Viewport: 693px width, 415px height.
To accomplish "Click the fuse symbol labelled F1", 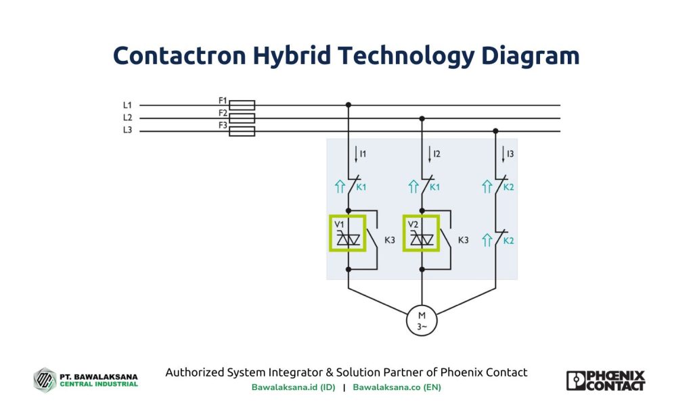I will pos(242,105).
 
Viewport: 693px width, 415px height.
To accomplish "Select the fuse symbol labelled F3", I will pos(242,131).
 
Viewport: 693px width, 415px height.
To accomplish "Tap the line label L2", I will pos(127,118).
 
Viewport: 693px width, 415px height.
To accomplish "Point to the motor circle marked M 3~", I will pos(422,320).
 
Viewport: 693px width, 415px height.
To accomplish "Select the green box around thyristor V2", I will pos(422,233).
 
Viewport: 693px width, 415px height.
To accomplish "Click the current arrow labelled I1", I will pos(357,155).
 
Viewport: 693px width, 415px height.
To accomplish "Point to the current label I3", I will pos(510,154).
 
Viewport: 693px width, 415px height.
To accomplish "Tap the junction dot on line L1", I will pos(348,105).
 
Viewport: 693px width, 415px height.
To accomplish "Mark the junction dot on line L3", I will pos(495,131).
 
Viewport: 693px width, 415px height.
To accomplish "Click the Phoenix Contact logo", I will pos(606,381).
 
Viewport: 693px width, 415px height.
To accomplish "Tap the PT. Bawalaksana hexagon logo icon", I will pos(45,379).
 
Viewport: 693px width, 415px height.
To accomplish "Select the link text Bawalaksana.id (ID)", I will pos(293,388).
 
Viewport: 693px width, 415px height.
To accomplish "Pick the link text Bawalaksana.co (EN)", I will pos(397,388).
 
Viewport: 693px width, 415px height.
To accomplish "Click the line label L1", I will pos(127,105).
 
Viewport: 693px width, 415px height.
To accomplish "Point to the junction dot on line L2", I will pos(422,118).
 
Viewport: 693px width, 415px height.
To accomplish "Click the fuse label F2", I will pos(223,113).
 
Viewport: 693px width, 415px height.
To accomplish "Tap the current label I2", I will pos(437,154).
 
